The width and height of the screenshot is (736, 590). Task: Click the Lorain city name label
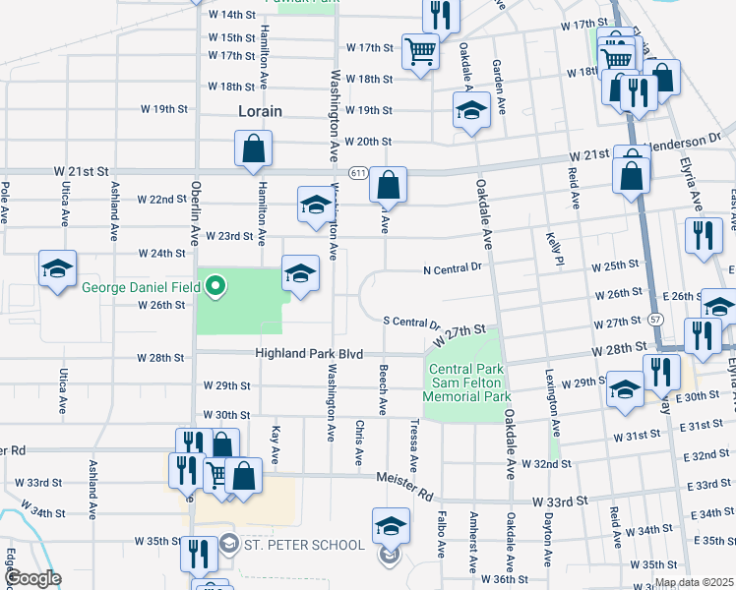point(260,111)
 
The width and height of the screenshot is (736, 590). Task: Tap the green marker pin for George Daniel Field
point(216,288)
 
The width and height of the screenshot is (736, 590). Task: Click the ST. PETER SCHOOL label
point(305,545)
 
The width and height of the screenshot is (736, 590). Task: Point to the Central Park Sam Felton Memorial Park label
point(467,383)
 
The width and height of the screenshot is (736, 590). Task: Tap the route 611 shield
point(357,172)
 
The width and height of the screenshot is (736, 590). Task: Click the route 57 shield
point(654,319)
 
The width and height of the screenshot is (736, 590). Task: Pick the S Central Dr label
point(410,323)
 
